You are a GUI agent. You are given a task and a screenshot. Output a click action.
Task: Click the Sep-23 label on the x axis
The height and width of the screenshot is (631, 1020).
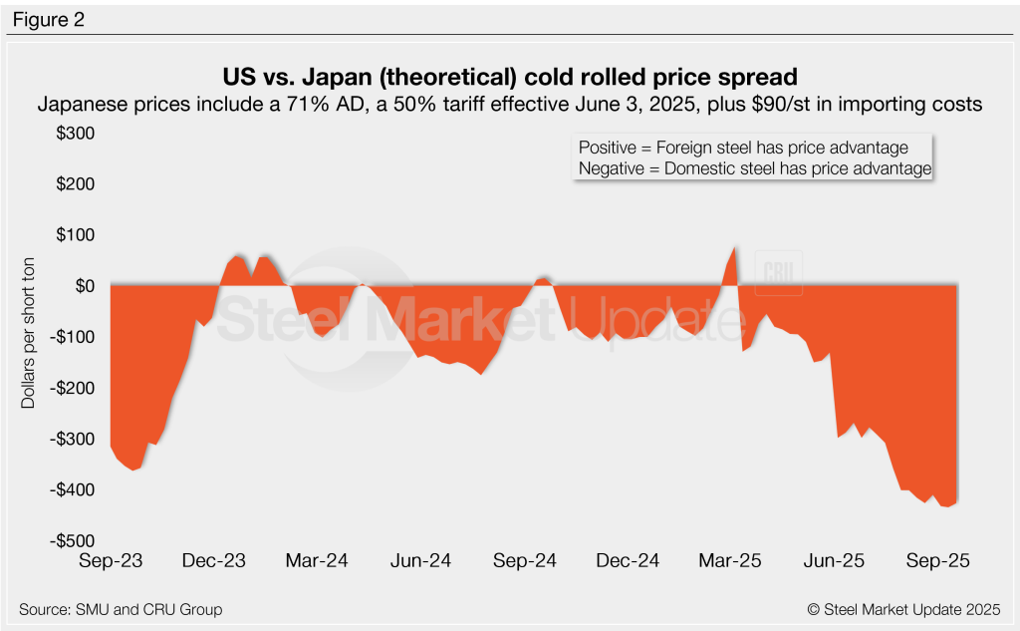[x=111, y=561]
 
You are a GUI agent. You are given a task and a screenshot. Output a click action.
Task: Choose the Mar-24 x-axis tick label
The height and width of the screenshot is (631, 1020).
[x=316, y=561]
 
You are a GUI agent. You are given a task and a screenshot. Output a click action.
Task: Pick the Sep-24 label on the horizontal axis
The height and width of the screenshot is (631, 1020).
[x=523, y=561]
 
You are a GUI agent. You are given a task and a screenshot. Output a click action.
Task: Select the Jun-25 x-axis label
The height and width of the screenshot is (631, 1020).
[x=833, y=561]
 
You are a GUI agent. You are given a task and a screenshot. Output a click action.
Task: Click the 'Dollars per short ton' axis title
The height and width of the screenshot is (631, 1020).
[x=31, y=338]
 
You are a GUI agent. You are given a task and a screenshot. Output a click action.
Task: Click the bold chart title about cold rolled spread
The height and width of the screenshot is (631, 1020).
[x=509, y=76]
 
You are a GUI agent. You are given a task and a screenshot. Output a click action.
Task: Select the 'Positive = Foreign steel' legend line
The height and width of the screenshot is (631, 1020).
[x=743, y=148]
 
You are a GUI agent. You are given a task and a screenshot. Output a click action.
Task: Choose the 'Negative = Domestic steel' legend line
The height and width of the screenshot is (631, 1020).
[x=754, y=169]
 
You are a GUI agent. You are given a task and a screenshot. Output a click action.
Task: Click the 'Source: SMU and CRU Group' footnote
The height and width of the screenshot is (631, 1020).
[x=120, y=609]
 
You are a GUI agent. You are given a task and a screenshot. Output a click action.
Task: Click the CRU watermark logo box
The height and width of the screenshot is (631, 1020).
[x=778, y=271]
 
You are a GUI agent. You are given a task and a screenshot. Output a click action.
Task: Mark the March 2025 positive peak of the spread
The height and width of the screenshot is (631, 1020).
[x=734, y=249]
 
